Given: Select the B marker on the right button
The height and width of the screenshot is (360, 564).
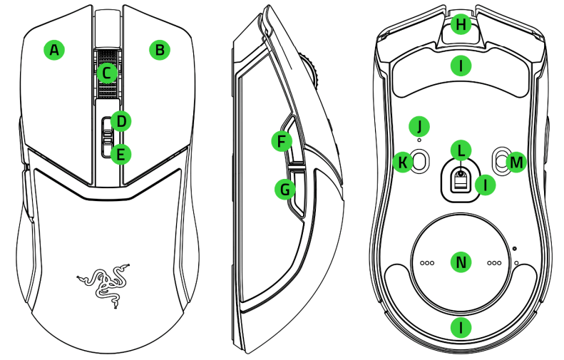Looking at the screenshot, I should click(x=160, y=50).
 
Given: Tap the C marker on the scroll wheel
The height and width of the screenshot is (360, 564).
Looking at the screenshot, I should click(x=107, y=72).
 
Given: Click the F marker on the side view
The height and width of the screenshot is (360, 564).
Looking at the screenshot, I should click(x=283, y=141).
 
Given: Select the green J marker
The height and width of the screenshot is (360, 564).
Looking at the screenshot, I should click(x=420, y=126).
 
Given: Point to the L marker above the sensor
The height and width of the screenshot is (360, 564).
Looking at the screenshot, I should click(x=461, y=150).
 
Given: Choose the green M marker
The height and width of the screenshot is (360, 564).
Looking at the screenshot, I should click(x=516, y=163).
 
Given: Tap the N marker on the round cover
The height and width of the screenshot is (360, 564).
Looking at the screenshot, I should click(x=461, y=262).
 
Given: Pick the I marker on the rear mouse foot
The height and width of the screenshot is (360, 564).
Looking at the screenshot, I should click(x=462, y=327).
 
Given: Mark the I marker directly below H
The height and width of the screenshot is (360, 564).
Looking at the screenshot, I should click(x=462, y=67).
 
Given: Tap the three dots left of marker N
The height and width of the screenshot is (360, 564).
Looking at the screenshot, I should click(x=427, y=263).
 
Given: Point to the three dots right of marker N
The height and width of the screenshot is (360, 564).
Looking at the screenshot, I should click(x=494, y=263).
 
